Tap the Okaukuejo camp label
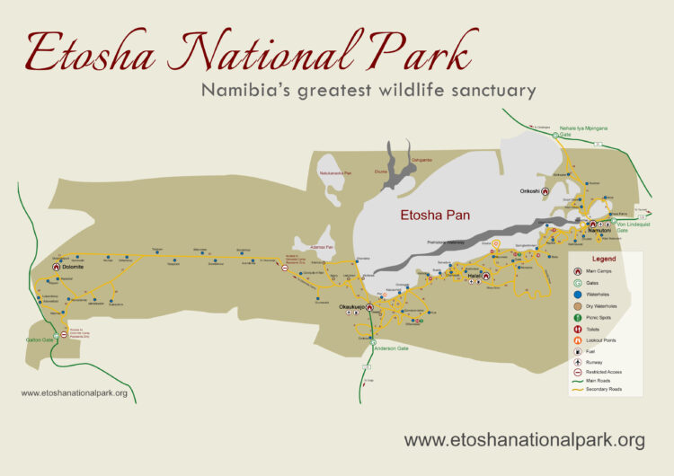(350, 307)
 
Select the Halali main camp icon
(485, 277)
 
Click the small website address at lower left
(74, 392)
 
